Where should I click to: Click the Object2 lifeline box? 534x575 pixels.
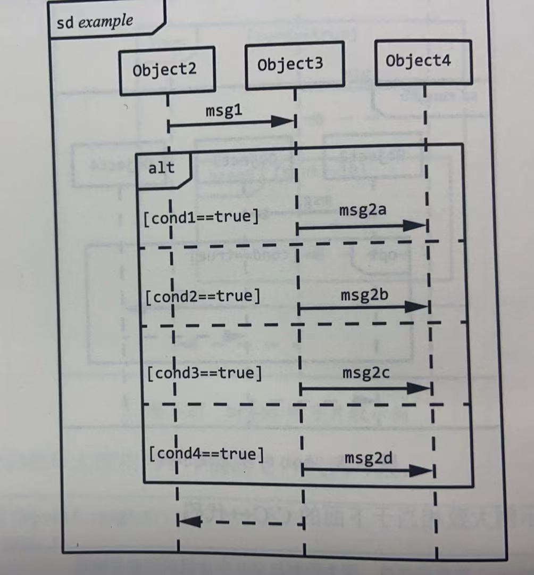pos(166,70)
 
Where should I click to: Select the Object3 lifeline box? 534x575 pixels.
pos(294,65)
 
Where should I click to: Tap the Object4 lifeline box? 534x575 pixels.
pos(423,62)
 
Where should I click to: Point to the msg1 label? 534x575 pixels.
pos(223,111)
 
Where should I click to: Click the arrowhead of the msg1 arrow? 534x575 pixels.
pos(282,121)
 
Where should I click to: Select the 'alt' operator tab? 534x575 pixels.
pos(161,168)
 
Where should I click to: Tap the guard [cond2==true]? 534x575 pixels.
pos(203,296)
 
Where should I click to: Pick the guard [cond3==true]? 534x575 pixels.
pos(205,373)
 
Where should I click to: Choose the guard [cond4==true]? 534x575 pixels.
pos(206,454)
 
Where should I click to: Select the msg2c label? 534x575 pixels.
pos(366,373)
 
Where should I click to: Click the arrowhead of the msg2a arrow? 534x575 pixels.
pos(414,226)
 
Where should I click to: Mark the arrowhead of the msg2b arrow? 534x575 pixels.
pos(416,307)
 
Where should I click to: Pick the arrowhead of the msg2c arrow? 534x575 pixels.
pos(418,388)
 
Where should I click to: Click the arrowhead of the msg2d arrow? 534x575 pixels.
pos(421,470)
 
